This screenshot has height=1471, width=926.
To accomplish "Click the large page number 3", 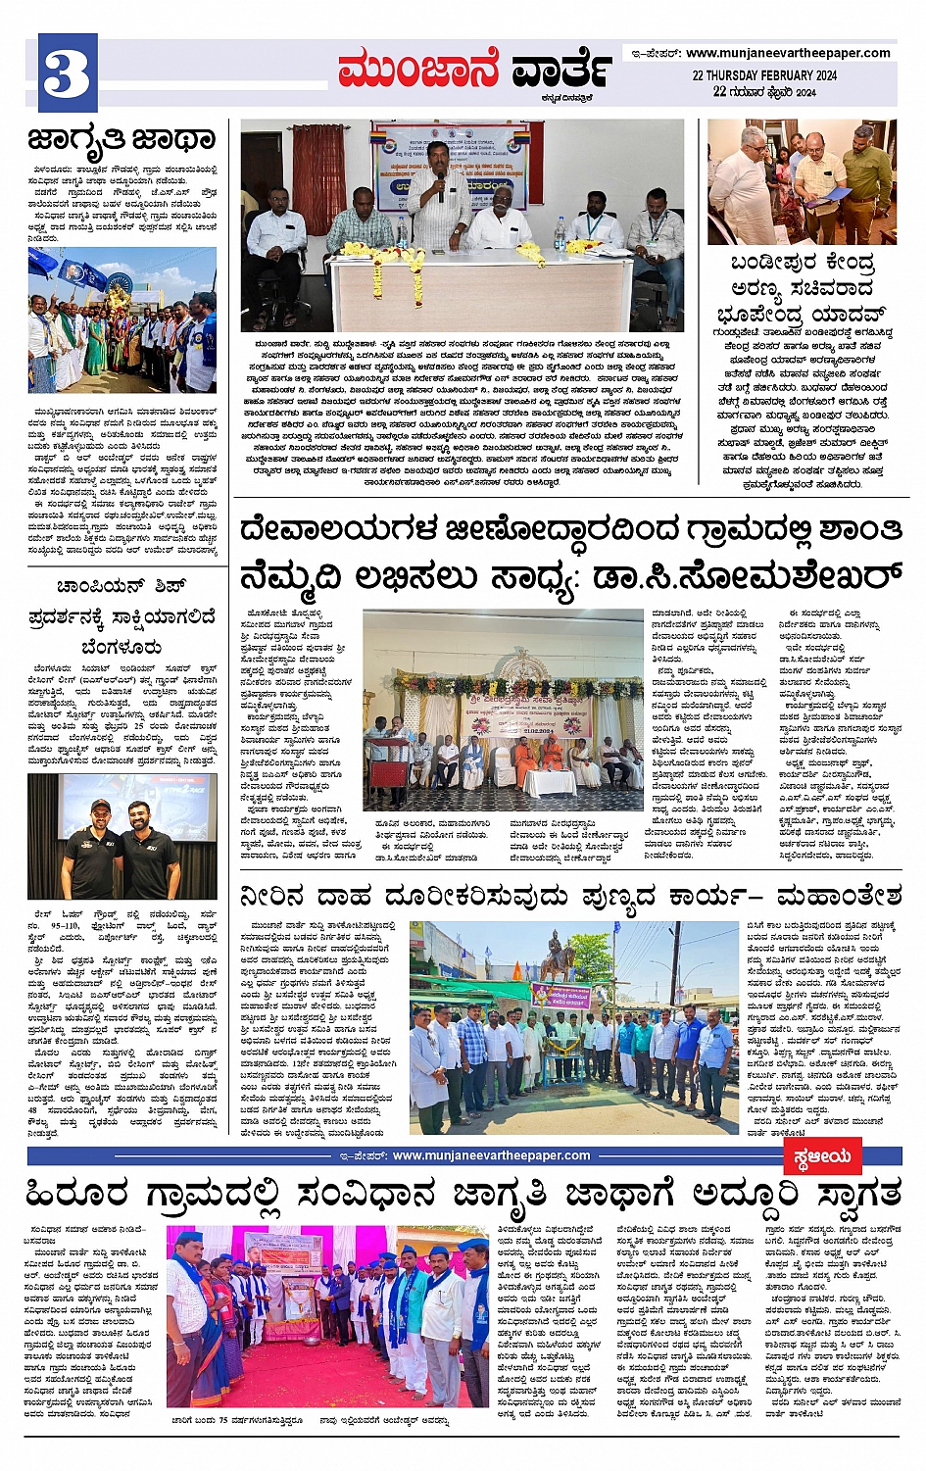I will coord(68,73).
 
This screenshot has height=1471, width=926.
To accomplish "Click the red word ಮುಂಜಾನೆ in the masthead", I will coord(418,71).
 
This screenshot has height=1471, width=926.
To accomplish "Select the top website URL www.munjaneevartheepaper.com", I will coord(788,53).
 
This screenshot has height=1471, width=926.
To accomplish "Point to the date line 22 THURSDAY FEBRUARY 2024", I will coord(763,75).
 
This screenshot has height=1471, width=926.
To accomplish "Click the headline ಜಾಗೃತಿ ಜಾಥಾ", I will coord(122,138).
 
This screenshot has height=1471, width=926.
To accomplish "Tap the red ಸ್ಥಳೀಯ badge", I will coord(821,1156).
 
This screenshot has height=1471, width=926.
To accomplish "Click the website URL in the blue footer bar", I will coord(491,1155).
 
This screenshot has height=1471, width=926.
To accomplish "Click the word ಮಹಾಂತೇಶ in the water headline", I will coord(839,896).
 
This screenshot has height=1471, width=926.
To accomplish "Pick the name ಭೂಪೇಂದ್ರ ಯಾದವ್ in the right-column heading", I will coord(801,314).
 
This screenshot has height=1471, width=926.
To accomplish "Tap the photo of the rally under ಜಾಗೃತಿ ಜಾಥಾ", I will coord(122,319).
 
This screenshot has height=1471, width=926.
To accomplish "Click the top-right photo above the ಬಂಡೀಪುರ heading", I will coord(802,182).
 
